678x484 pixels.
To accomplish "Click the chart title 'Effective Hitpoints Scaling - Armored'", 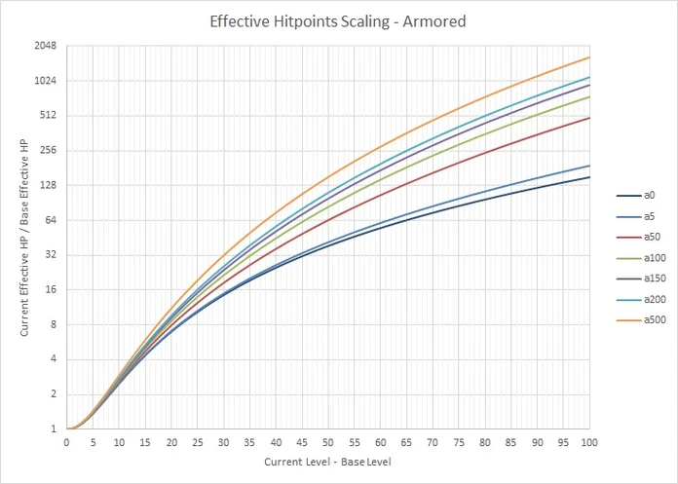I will point(338,20).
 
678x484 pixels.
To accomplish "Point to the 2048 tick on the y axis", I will point(45,46).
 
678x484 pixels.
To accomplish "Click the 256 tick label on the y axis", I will point(49,150).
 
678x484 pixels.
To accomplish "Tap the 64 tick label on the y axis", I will point(51,220).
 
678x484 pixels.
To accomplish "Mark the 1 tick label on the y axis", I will point(54,429).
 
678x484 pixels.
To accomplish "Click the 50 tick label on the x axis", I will point(327,442).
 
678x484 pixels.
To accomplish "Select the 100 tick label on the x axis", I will point(589,442).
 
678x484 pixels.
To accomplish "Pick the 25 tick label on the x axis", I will point(197,442).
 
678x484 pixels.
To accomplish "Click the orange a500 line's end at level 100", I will point(589,57).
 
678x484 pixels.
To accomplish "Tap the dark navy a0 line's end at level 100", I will point(589,177).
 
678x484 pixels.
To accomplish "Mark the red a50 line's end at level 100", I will point(589,118).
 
